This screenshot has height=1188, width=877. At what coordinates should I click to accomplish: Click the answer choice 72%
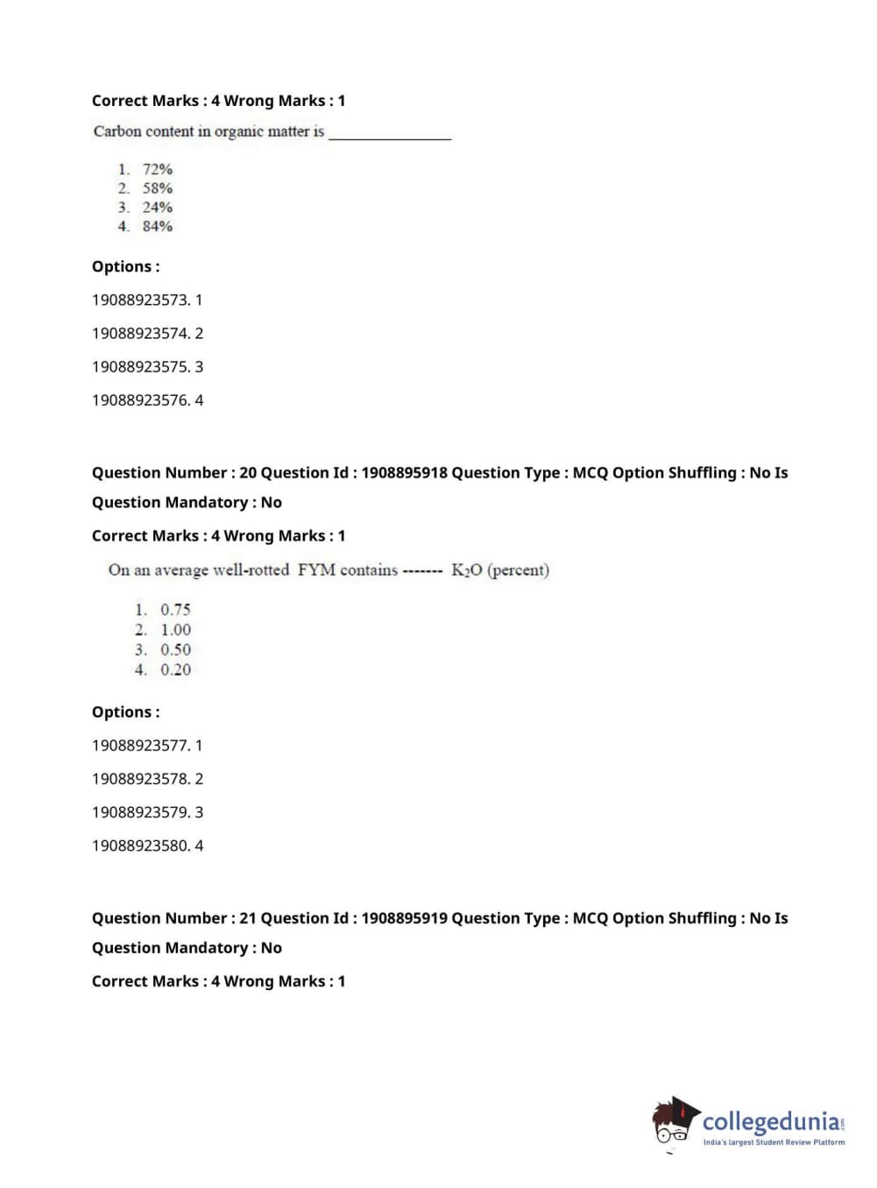(157, 169)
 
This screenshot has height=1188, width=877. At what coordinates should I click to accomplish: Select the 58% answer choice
(157, 188)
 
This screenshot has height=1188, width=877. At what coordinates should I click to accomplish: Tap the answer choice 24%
(157, 208)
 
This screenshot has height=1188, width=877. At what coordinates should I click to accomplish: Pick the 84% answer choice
(157, 226)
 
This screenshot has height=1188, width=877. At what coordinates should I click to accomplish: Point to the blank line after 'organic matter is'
(390, 136)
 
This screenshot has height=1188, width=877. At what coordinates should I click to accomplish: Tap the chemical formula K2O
(466, 570)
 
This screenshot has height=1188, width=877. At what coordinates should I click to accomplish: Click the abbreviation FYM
(316, 569)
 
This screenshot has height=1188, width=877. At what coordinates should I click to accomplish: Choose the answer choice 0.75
(175, 610)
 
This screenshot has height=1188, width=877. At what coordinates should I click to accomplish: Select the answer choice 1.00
(175, 630)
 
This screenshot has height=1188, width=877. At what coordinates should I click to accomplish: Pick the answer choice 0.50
(175, 650)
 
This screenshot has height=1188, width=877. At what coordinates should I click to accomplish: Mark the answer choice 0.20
(175, 670)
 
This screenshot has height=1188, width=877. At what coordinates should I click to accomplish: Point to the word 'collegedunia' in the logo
(770, 1121)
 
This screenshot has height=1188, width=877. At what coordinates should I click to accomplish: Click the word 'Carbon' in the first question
(117, 131)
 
